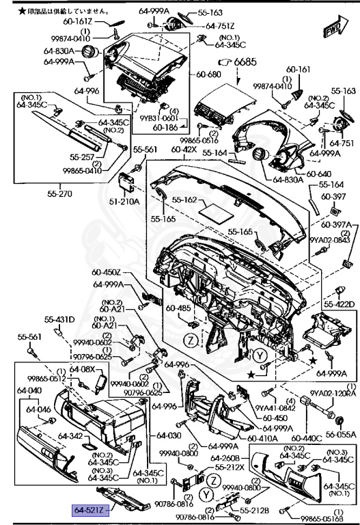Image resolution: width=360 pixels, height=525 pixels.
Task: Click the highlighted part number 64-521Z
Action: [x=89, y=508]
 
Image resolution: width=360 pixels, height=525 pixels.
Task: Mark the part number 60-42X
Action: [x=185, y=149]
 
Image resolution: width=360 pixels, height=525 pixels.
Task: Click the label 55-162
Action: [x=184, y=200]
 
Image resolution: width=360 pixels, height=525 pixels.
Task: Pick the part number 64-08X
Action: [x=83, y=369]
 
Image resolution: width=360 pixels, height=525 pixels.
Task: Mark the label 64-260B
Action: [x=224, y=458]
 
